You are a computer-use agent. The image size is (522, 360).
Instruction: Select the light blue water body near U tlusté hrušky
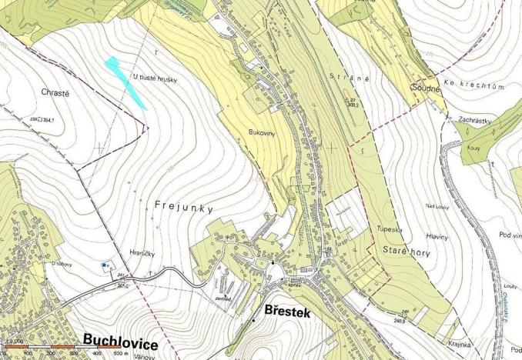(126, 82)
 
